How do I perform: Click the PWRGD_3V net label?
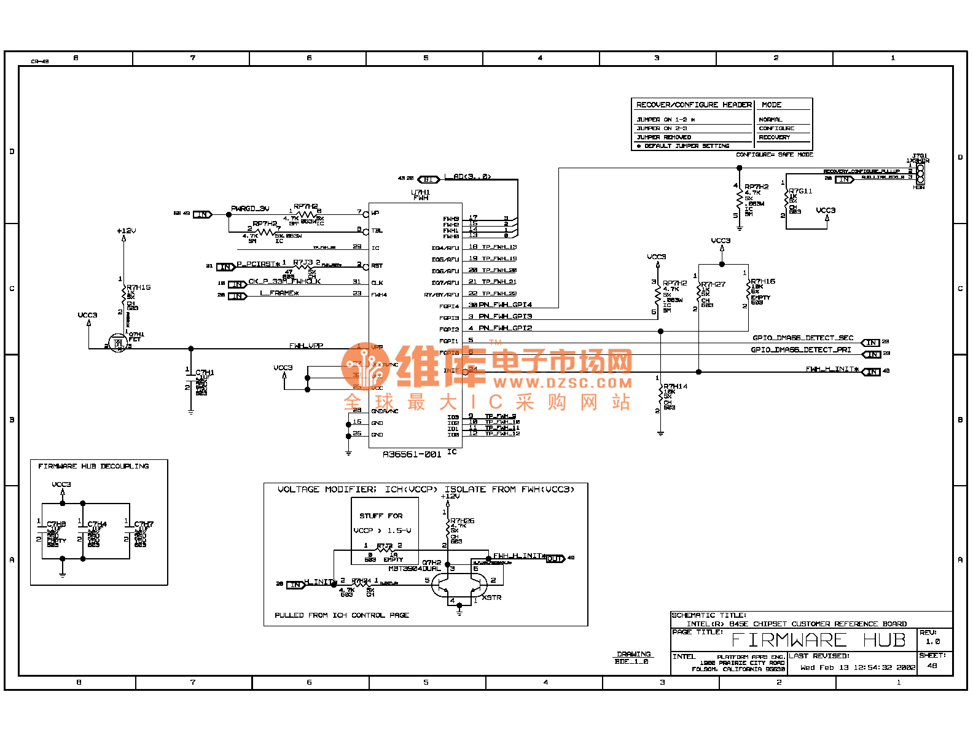click(250, 209)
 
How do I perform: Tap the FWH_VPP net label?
click(306, 346)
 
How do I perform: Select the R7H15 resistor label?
click(139, 287)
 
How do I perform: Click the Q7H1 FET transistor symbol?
click(117, 343)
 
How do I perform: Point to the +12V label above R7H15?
click(126, 231)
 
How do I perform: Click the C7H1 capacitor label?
click(205, 373)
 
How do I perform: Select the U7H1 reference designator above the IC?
click(420, 192)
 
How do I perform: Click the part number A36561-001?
click(412, 454)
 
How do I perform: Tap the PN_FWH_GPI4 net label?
click(505, 305)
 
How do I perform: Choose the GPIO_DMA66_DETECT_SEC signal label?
click(802, 338)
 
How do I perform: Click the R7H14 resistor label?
click(675, 386)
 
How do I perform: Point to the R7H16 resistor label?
click(763, 281)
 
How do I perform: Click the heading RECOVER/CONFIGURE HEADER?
click(694, 105)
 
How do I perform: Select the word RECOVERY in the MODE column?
click(774, 138)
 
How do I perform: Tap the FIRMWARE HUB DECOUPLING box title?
click(93, 466)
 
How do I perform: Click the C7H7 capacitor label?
click(144, 524)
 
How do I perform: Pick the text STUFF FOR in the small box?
click(381, 516)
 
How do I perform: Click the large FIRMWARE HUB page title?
click(819, 640)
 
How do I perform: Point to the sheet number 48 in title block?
click(932, 666)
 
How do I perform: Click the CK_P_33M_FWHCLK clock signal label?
click(284, 281)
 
